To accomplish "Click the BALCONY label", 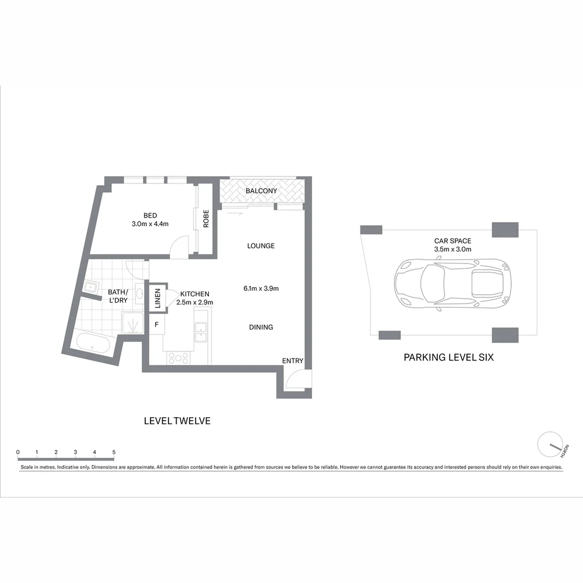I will (261, 191).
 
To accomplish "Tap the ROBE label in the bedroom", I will (206, 219).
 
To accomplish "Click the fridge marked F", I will (157, 324).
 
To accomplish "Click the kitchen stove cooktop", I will (178, 357).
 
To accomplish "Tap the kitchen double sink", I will (201, 333).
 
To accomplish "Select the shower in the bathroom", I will (133, 323).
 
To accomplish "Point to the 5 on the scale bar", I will (114, 452).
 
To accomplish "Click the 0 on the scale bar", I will (18, 452).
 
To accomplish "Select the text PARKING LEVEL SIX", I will (449, 357).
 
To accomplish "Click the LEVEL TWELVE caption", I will (177, 421).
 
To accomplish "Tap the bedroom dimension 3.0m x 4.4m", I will (150, 223).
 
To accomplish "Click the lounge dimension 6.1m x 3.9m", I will (261, 288).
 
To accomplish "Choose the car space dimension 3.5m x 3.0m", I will (452, 249).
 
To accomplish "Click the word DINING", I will (261, 327).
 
